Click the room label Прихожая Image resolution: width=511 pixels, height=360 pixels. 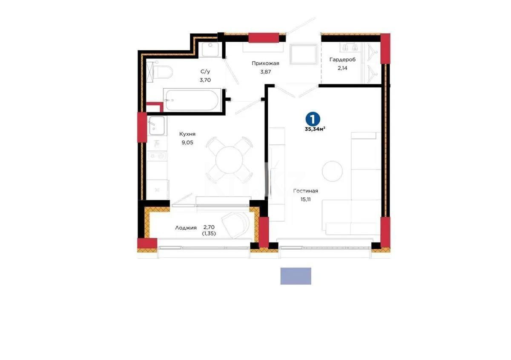click(265, 63)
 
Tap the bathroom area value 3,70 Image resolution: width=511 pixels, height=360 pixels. click(205, 80)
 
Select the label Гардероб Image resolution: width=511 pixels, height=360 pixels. click(342, 60)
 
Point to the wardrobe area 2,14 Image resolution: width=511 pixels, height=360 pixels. click(342, 68)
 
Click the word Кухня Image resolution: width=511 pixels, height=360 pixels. click(187, 134)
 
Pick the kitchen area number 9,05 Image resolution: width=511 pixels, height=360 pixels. click(187, 143)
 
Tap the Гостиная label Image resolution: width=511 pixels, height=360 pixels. click(306, 191)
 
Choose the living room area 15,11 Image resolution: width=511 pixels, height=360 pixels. click(306, 199)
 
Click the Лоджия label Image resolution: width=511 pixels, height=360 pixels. click(186, 228)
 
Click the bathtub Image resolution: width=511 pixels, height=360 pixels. click(192, 100)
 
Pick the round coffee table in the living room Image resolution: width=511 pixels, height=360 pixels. click(332, 171)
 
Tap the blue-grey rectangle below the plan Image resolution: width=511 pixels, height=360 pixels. click(296, 276)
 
